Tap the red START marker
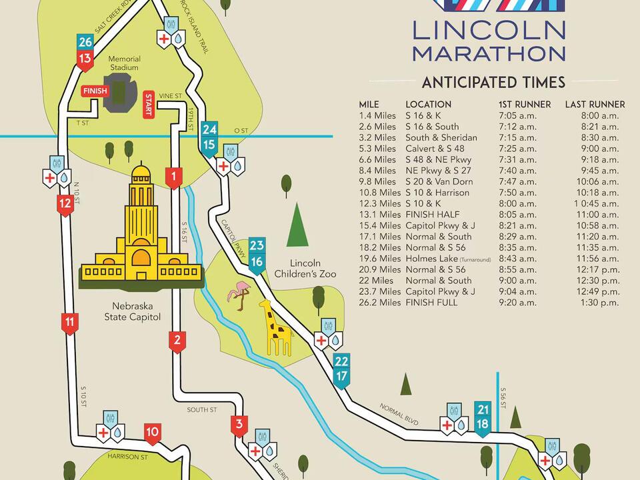(149, 105)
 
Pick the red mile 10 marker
(152, 433)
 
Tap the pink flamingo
(237, 293)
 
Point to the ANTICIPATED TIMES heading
(493, 82)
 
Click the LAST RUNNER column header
(595, 104)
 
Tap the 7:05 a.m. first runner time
(517, 115)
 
